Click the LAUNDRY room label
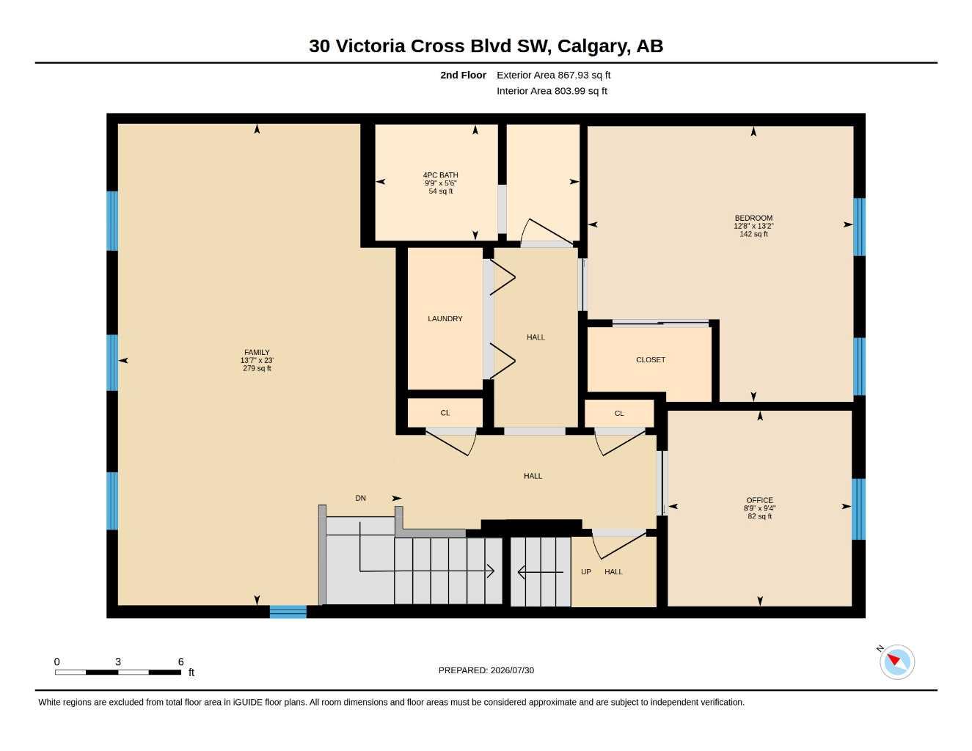click(x=445, y=319)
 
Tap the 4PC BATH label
click(x=441, y=175)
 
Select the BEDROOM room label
click(x=753, y=218)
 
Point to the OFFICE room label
click(x=759, y=500)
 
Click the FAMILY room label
click(x=257, y=352)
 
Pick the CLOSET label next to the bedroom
click(x=651, y=360)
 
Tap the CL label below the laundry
click(x=445, y=413)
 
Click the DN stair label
click(x=360, y=498)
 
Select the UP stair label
click(x=586, y=572)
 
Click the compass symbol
click(x=896, y=662)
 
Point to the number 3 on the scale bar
click(x=118, y=662)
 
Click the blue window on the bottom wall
click(x=288, y=612)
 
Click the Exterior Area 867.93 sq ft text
click(x=553, y=75)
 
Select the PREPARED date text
click(x=486, y=670)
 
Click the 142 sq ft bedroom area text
click(x=753, y=234)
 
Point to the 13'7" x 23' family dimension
click(x=257, y=360)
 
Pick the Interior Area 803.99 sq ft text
click(x=552, y=91)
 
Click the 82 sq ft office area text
click(x=759, y=516)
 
